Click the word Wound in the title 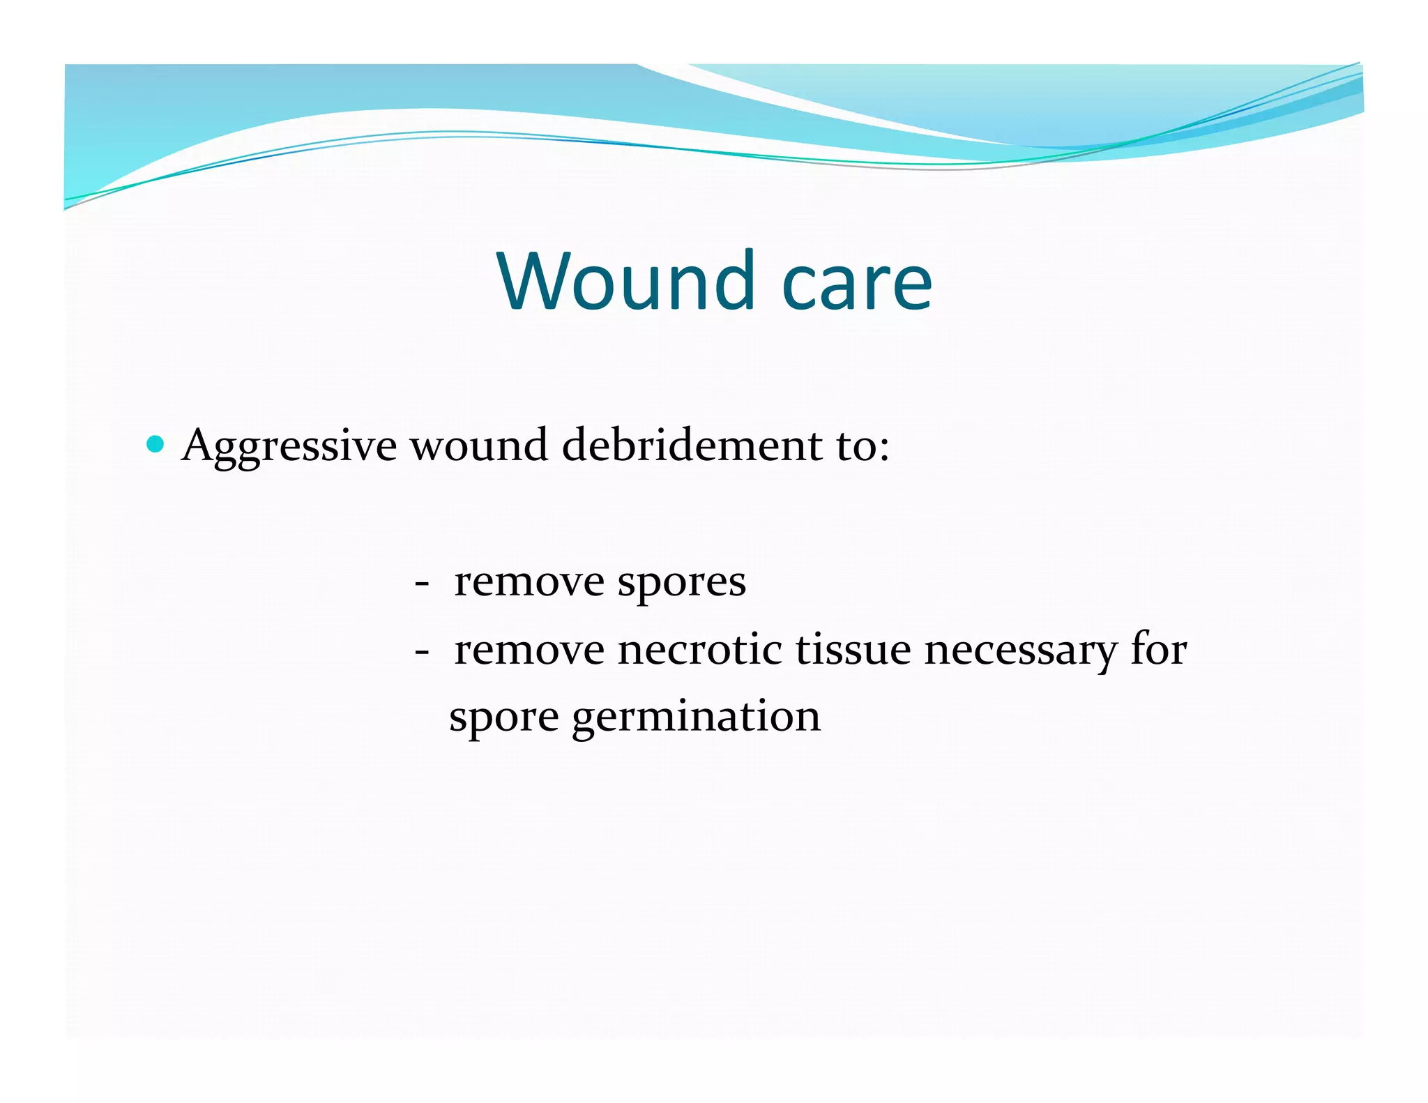(626, 281)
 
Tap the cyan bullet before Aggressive (155, 444)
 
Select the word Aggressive (289, 447)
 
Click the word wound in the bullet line (478, 446)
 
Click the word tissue (853, 650)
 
